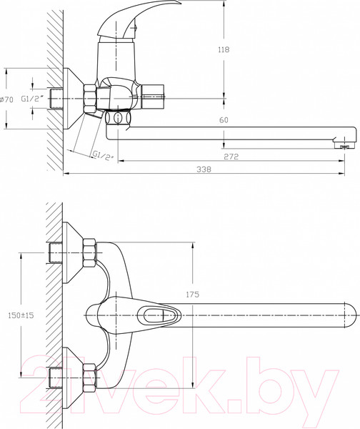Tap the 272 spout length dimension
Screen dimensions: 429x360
tap(230, 156)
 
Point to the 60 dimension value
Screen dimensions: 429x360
tap(224, 122)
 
